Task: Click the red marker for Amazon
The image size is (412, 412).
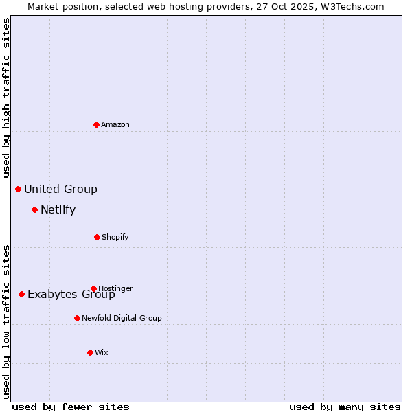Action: pos(96,124)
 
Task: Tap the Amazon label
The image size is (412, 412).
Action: pos(115,125)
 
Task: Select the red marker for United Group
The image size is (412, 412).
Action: pos(18,189)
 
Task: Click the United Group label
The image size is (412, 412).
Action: pos(60,190)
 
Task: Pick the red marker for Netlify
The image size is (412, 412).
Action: pos(34,209)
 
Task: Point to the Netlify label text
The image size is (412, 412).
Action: pos(58,210)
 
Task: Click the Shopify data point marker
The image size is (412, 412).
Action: pos(97,237)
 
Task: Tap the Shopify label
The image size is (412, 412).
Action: pos(115,238)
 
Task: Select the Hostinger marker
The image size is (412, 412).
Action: pos(93,288)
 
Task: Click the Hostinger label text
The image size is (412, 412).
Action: pos(115,288)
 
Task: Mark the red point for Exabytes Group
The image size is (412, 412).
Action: pos(21,294)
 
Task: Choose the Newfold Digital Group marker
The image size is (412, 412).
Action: pos(77,318)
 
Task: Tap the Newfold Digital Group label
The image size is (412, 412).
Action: pos(122,319)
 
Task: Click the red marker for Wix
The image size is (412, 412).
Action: pos(90,352)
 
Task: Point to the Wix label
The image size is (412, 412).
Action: pos(102,353)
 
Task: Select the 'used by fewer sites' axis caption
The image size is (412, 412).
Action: pos(71,407)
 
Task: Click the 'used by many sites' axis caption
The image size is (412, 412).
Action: pos(345,407)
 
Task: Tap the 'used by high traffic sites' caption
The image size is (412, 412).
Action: pos(7,97)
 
